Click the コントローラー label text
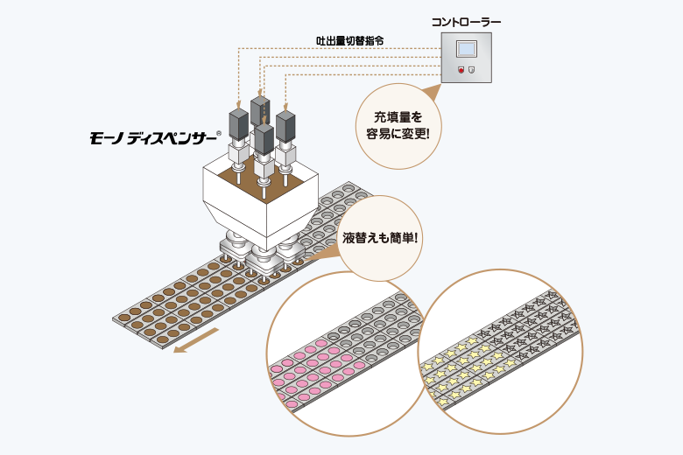coord(466,21)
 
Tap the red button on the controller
coord(461,70)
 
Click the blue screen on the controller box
coord(467,49)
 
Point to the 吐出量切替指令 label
coord(349,41)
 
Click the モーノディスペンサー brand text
coord(153,138)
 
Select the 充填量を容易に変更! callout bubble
coord(398,126)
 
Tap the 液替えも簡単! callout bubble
coord(380,238)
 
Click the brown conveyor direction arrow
coord(195,340)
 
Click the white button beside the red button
coord(472,70)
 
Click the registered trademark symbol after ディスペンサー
coord(219,134)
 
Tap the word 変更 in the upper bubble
coord(412,134)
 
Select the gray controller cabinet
coord(467,58)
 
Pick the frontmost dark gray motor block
coord(264,139)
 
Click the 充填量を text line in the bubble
coord(398,117)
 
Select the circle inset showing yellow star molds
coord(501,352)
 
